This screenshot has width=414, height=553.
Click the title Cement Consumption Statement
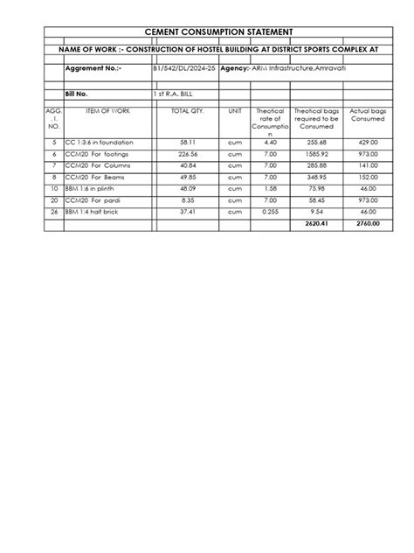(x=206, y=31)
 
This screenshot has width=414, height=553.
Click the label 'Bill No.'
(x=78, y=91)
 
